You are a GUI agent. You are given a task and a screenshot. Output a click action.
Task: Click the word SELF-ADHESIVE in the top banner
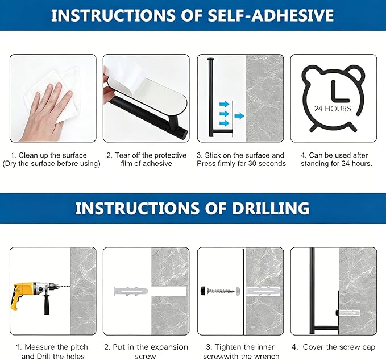pyautogui.click(x=271, y=15)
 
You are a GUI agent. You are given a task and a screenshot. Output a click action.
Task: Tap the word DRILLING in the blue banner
pyautogui.click(x=271, y=208)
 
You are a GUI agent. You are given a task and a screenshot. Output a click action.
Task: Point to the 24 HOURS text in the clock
pyautogui.click(x=333, y=109)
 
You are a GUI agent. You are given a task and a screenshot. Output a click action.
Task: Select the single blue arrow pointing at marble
pyautogui.click(x=239, y=115)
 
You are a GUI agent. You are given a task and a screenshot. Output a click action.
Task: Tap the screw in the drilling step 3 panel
pyautogui.click(x=221, y=291)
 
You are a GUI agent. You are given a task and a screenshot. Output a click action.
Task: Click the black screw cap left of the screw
pyautogui.click(x=203, y=290)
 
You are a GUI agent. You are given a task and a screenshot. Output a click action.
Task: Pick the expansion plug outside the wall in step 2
pyautogui.click(x=131, y=291)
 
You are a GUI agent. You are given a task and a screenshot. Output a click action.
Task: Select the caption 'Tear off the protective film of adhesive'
pyautogui.click(x=147, y=159)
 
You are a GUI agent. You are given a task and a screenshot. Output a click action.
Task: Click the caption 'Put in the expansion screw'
pyautogui.click(x=146, y=351)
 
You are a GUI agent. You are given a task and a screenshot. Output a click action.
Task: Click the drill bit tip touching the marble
pyautogui.click(x=70, y=287)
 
